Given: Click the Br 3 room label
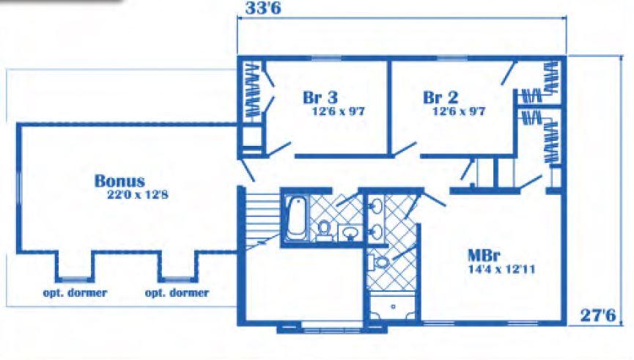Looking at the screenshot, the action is point(320,98).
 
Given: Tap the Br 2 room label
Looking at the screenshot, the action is point(441,98).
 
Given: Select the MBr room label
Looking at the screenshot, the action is point(484,256).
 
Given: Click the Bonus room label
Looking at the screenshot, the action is point(119,181).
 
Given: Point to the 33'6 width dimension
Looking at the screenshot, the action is point(263,8).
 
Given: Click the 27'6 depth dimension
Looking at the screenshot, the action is point(597,315).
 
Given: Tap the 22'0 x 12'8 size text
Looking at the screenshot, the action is point(138,195).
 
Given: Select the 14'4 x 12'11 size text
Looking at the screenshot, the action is point(501,269).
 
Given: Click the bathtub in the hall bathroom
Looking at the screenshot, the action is point(296,218).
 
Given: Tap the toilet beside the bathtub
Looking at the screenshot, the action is point(324,230).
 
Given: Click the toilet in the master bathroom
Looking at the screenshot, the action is point(378,262).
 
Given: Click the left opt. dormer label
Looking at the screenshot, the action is point(75,293).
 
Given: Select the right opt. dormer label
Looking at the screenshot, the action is point(177,293).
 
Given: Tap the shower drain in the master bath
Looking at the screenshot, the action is point(393,307).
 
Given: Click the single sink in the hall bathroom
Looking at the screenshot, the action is point(350,233).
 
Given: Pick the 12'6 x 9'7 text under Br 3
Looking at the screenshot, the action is point(338,111).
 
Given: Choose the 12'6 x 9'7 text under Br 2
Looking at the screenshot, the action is point(459,111).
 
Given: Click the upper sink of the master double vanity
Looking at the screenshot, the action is point(377,206).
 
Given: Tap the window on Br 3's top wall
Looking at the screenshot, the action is point(327,59).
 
